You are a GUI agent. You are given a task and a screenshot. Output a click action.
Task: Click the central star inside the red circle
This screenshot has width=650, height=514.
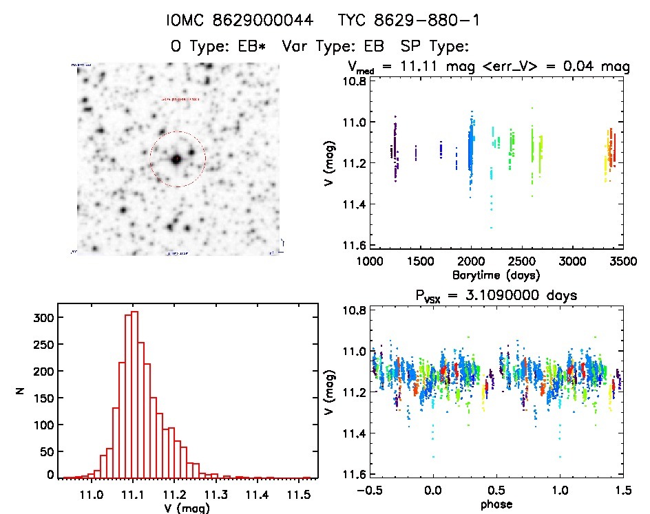click(177, 159)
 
